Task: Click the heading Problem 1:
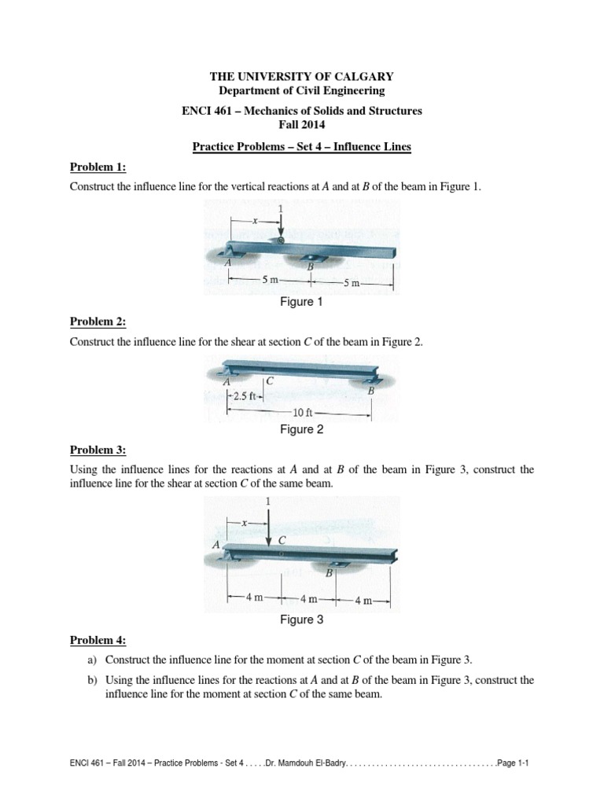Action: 98,167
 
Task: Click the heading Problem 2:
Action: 98,322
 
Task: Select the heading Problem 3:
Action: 98,450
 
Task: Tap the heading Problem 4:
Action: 98,640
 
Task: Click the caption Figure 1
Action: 302,302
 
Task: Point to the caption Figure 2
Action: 302,429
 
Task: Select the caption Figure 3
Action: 302,619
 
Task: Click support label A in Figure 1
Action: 227,263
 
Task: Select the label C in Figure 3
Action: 282,541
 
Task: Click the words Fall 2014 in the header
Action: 302,125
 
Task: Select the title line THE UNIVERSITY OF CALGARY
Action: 301,76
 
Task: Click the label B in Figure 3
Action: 330,574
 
